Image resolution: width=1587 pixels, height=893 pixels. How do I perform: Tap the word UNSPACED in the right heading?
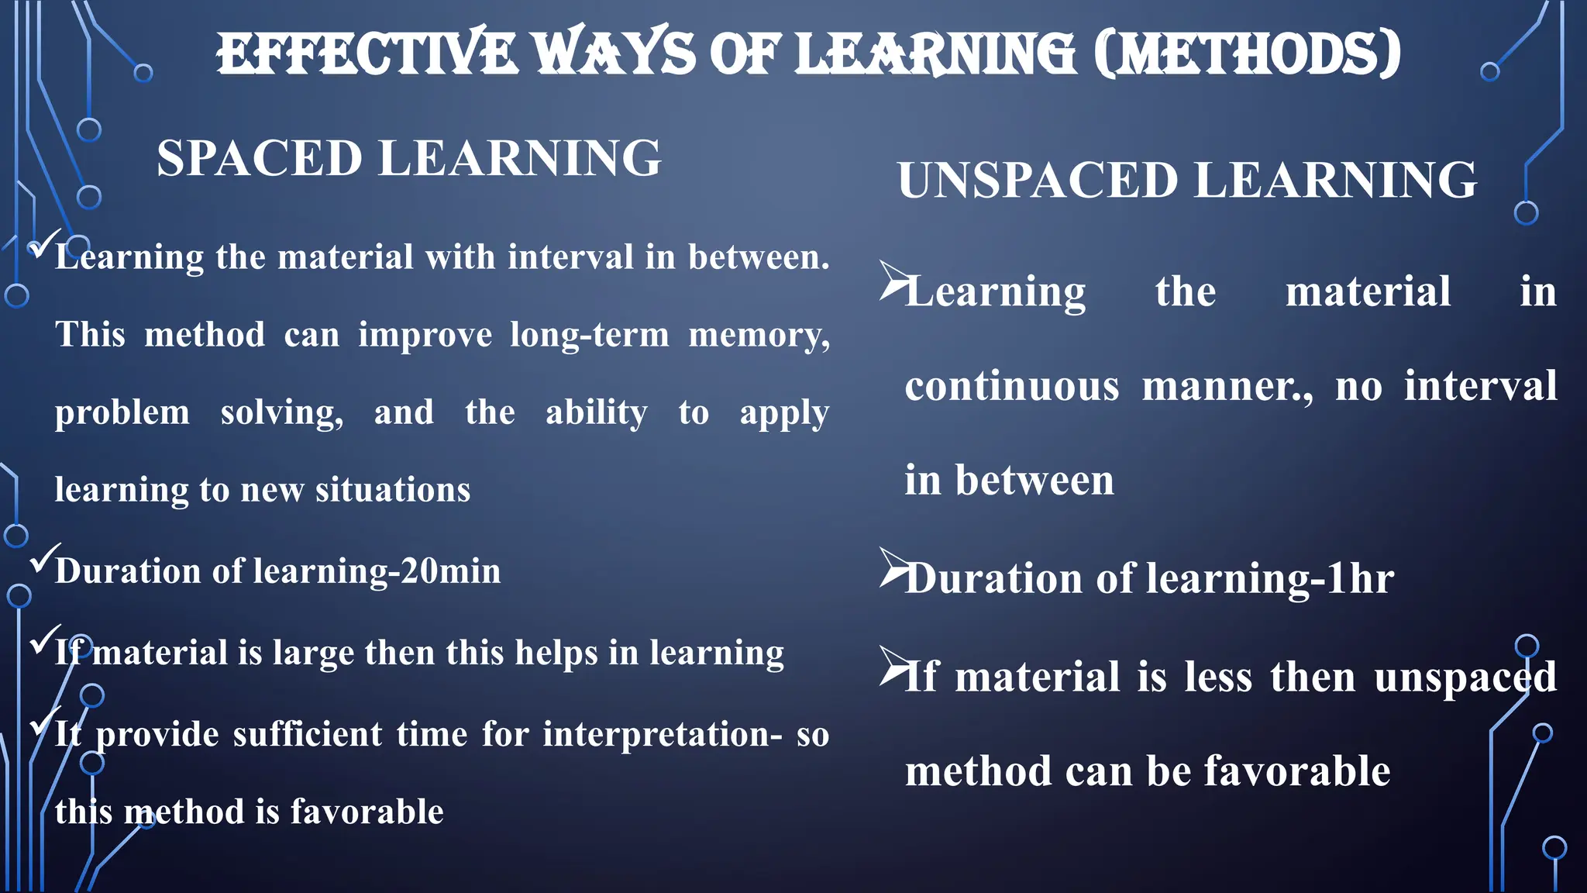click(x=1038, y=180)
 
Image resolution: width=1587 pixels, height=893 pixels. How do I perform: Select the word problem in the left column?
click(x=122, y=412)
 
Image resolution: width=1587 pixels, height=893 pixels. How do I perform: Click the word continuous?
click(x=1012, y=386)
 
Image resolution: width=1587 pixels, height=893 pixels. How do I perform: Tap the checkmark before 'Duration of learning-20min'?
click(x=43, y=559)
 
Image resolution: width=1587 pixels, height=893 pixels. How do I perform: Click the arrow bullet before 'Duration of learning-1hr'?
click(x=893, y=568)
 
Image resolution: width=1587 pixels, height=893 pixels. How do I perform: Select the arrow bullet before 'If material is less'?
click(x=893, y=666)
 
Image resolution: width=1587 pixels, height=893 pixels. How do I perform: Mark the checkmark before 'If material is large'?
click(x=43, y=640)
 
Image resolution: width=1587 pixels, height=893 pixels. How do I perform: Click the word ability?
click(x=596, y=412)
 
